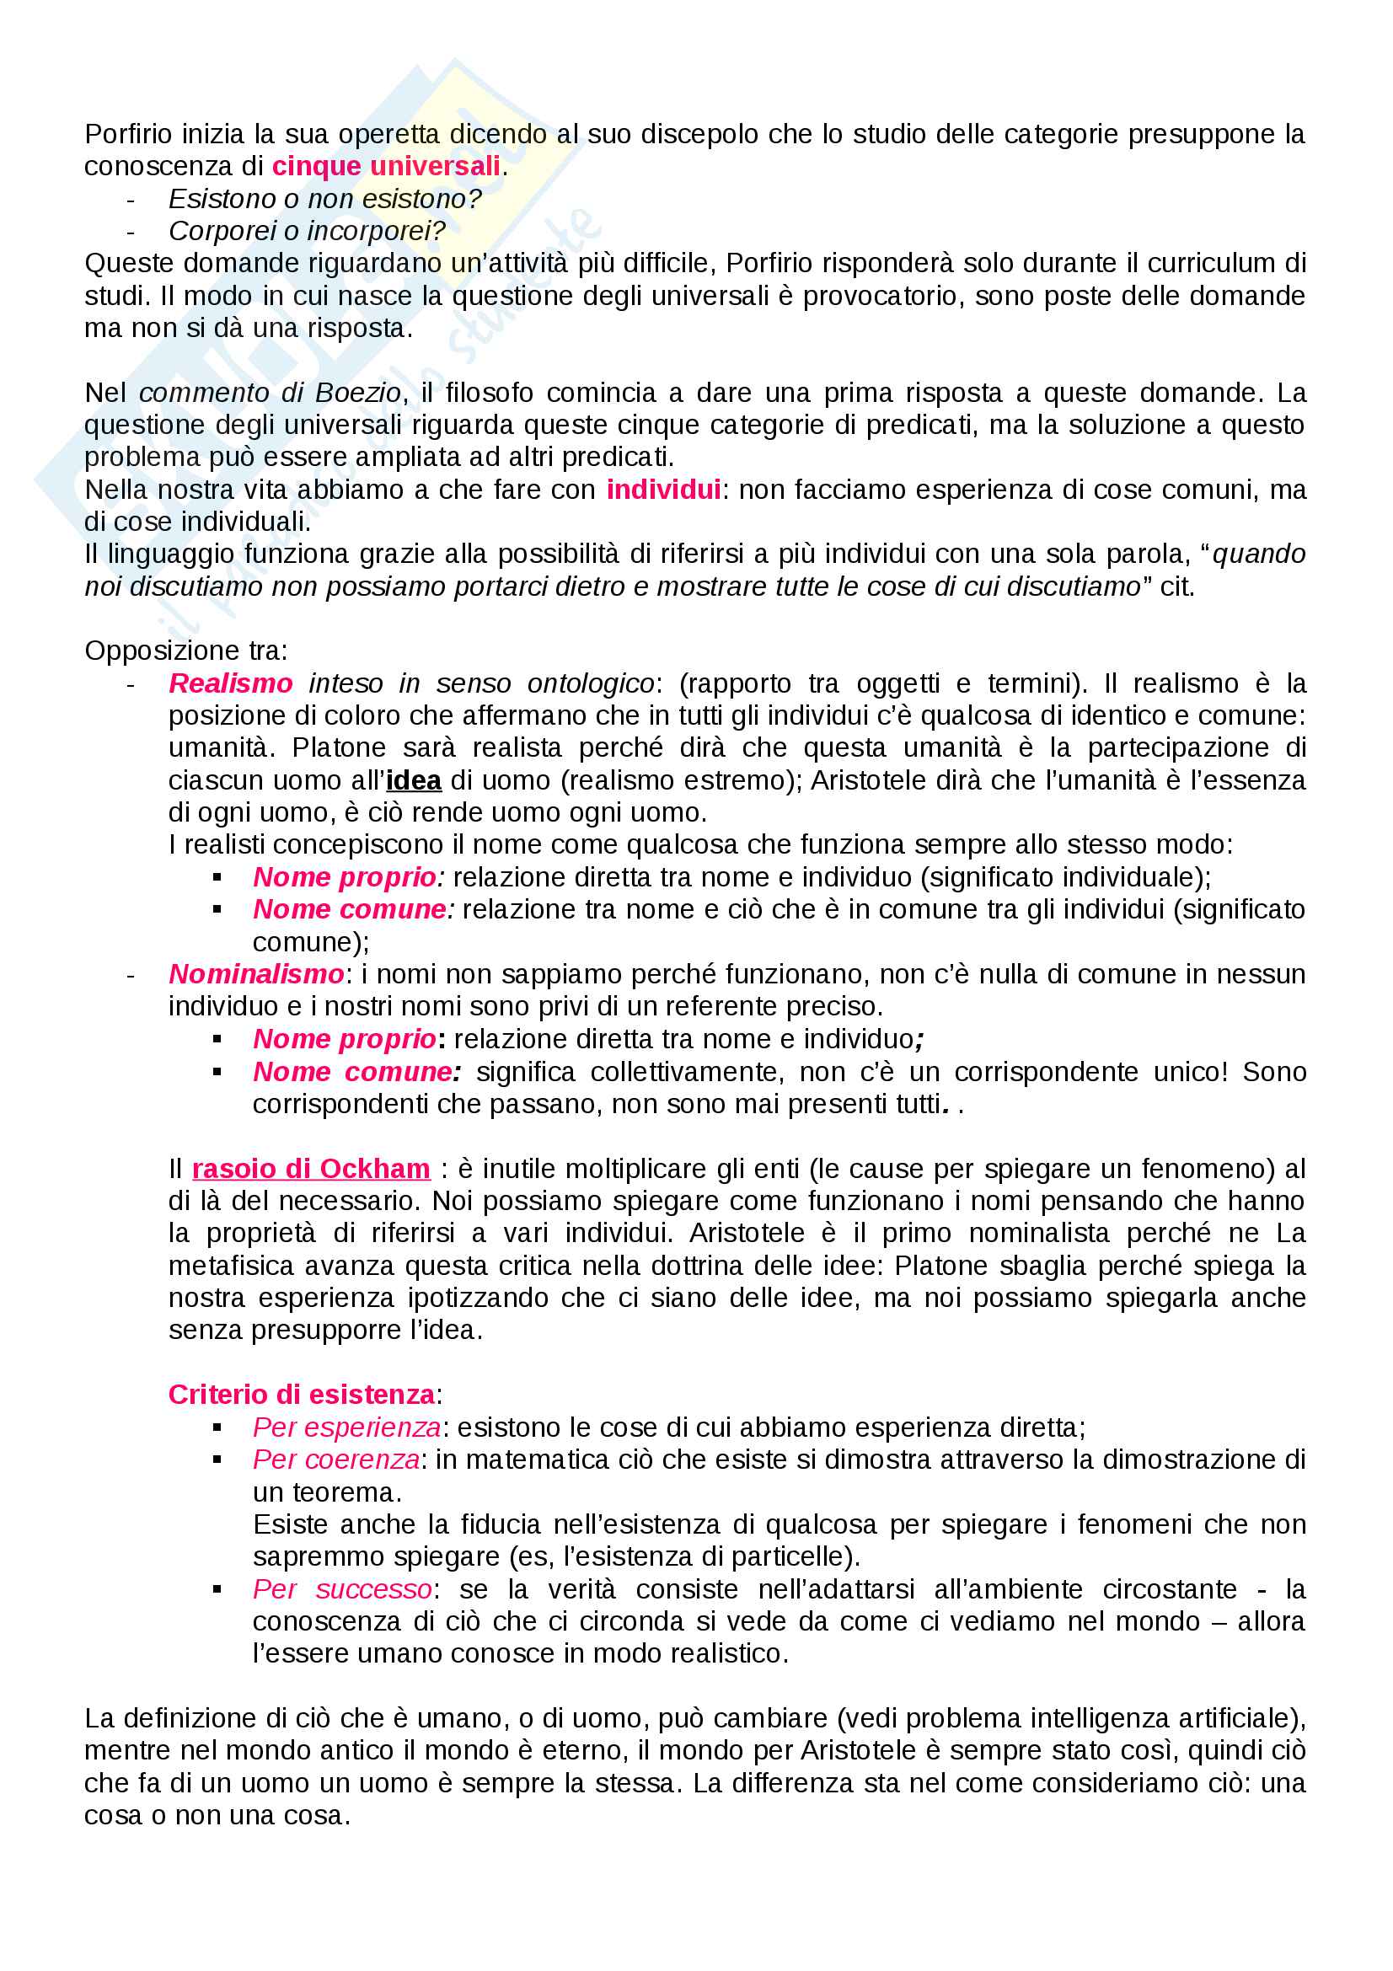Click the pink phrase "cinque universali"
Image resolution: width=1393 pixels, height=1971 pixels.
[385, 166]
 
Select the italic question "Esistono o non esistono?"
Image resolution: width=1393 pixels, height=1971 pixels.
[324, 198]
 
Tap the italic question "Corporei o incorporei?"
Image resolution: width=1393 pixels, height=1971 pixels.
[307, 231]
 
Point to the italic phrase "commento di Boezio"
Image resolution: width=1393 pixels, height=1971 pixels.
[270, 393]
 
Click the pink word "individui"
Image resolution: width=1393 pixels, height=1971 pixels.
[663, 490]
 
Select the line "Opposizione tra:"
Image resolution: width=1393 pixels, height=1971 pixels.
[185, 651]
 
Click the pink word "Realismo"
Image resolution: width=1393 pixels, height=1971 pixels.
[231, 683]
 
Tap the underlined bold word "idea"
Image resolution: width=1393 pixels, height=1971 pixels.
[414, 780]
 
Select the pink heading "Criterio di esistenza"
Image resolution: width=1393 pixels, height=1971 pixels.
[301, 1394]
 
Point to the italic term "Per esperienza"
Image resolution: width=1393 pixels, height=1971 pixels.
[346, 1427]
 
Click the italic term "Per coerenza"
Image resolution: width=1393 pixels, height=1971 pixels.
[335, 1460]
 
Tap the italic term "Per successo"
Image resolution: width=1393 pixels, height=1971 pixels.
[341, 1589]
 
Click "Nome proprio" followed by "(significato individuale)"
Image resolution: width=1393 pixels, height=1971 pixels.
[344, 876]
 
